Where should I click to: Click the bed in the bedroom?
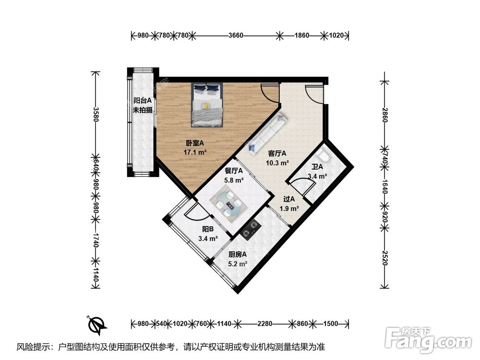[207, 105]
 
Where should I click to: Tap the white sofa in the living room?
[267, 132]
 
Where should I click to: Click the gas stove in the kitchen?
[251, 229]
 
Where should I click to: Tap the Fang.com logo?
[428, 340]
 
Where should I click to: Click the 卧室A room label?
[195, 143]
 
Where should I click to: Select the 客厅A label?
[277, 154]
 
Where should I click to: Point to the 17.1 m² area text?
[195, 152]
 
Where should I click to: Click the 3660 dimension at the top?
[236, 36]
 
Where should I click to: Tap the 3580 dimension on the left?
[96, 114]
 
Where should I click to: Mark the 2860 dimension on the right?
[385, 115]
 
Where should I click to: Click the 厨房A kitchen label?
[238, 255]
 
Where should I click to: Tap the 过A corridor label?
[289, 199]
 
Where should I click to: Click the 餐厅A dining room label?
[234, 171]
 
